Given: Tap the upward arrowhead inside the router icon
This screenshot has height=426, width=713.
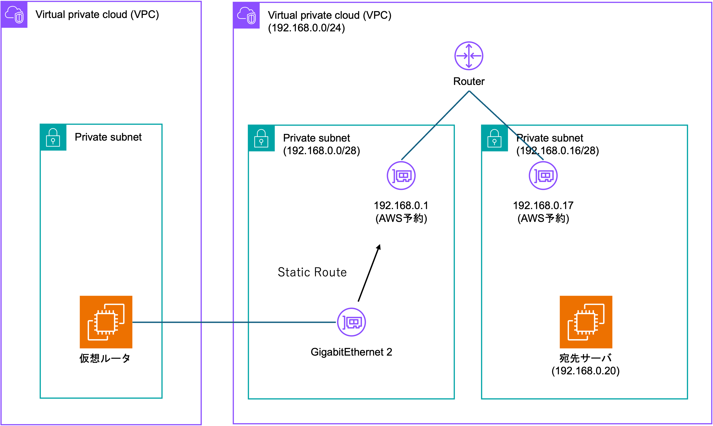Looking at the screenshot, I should pyautogui.click(x=469, y=45).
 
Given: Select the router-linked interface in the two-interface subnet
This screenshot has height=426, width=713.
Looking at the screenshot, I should pyautogui.click(x=401, y=175).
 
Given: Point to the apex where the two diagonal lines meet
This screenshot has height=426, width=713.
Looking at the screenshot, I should pyautogui.click(x=469, y=91).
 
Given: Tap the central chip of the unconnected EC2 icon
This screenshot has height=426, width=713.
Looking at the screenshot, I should pyautogui.click(x=586, y=322).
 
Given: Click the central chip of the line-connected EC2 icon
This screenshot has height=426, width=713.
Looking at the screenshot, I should pyautogui.click(x=106, y=322).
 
